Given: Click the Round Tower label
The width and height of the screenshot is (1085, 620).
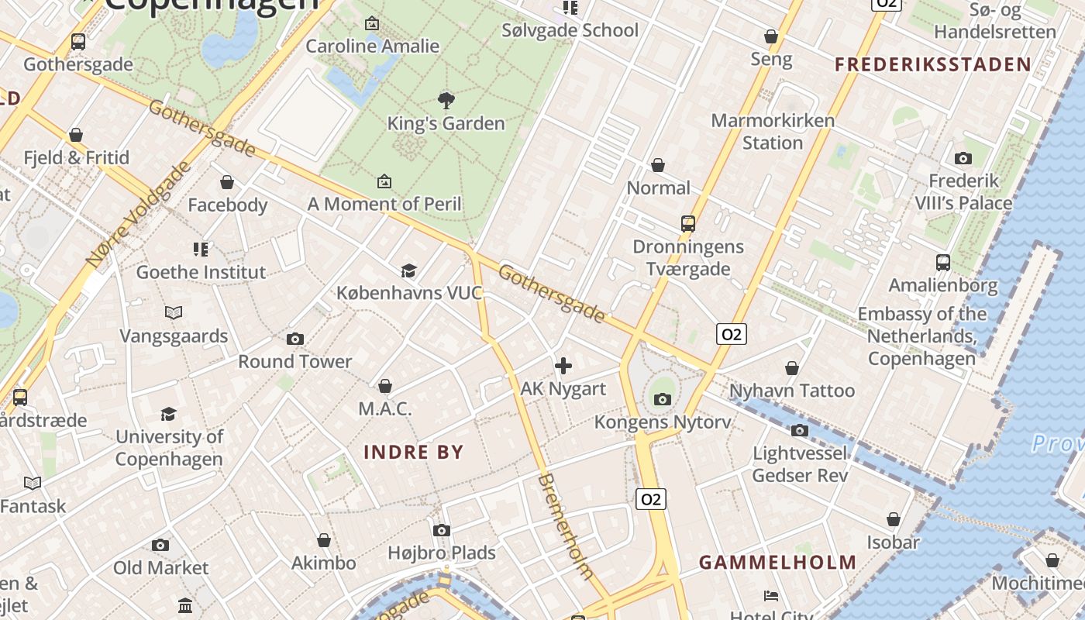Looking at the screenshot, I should (x=294, y=361).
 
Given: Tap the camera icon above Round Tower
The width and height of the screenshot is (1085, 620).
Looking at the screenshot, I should (x=294, y=339).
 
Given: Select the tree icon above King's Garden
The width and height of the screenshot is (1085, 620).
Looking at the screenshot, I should (x=446, y=100).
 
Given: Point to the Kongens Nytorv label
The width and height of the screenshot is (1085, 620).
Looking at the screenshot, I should (x=662, y=422).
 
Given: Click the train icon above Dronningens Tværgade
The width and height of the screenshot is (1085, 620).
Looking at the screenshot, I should (x=687, y=224).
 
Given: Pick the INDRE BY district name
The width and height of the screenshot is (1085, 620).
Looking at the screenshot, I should (x=414, y=453).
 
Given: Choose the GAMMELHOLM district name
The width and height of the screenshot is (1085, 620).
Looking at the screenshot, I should (x=778, y=563).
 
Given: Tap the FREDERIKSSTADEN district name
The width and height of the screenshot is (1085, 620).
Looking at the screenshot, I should (x=932, y=64).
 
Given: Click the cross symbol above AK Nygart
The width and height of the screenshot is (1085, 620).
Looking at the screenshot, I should (x=563, y=366).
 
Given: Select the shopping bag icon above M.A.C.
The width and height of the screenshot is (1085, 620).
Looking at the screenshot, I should (x=384, y=386).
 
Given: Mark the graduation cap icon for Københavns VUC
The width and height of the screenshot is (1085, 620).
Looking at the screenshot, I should (x=408, y=270).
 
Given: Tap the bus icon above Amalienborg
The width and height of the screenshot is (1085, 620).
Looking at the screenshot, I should (x=942, y=263).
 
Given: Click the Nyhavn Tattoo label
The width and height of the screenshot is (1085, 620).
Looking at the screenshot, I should (x=791, y=391).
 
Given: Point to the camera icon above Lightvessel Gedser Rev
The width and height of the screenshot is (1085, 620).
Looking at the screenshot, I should (x=800, y=430).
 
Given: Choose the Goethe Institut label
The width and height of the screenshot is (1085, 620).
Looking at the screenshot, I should (x=201, y=272).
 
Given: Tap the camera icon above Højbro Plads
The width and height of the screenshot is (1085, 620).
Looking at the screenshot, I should (x=442, y=530).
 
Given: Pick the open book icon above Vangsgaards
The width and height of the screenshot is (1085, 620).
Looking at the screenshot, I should (x=174, y=313).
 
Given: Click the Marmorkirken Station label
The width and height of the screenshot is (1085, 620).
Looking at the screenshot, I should (x=773, y=132).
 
